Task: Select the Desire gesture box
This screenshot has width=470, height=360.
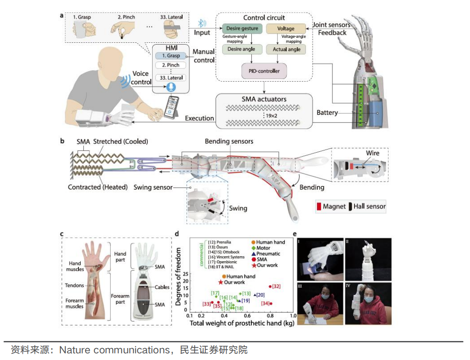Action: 242,29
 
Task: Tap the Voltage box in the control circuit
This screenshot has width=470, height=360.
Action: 286,29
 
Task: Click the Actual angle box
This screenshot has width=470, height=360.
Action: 286,49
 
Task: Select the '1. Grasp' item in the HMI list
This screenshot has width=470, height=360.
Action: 170,56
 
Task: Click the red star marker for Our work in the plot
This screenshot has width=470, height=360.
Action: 220,282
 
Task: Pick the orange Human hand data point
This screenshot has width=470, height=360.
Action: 224,276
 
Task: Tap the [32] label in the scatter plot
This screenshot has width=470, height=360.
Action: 276,286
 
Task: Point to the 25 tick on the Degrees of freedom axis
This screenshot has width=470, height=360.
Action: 185,274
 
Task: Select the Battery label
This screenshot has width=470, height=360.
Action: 327,113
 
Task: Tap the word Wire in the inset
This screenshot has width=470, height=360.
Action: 372,153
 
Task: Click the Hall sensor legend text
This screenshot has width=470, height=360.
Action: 369,206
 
